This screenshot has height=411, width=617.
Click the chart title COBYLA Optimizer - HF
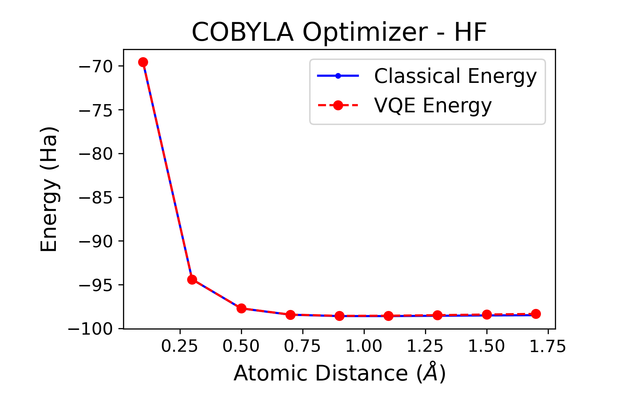pos(339,33)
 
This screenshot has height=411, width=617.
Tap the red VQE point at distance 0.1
pos(143,62)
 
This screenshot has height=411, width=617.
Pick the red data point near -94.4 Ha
pos(192,279)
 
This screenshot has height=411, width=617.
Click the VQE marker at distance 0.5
pos(241,308)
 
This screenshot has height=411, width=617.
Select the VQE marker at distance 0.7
pos(290,315)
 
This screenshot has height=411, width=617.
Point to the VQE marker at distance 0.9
pos(339,316)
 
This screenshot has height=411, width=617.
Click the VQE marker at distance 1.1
pos(388,316)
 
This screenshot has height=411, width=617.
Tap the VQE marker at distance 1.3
pos(437,315)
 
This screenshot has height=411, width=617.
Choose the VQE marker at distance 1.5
pos(487,314)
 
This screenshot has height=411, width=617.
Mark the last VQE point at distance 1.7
pos(536,314)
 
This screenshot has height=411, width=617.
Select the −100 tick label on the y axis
pos(91,329)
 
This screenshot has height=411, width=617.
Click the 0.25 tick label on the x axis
pos(180,346)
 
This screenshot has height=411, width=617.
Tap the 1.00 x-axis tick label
pos(364,346)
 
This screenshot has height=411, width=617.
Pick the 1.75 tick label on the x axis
pos(548,346)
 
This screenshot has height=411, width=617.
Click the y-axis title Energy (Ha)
pos(49,189)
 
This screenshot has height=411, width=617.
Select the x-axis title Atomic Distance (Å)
pos(339,373)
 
